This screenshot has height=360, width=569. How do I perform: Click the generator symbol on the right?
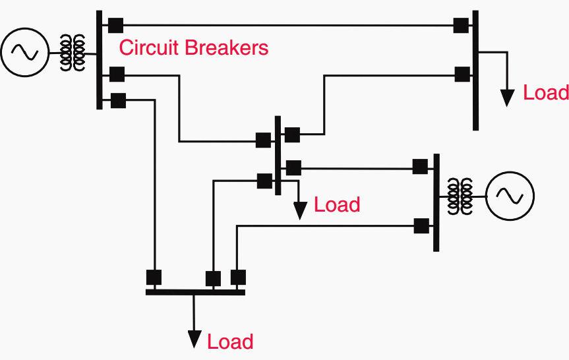click(510, 195)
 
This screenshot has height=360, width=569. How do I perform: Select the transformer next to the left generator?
click(73, 52)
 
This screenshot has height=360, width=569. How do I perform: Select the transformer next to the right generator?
click(460, 195)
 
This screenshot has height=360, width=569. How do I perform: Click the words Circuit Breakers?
click(193, 48)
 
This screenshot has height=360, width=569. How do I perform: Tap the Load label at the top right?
click(545, 93)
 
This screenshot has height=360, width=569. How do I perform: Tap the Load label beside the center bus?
click(337, 205)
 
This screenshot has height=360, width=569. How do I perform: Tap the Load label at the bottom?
click(230, 342)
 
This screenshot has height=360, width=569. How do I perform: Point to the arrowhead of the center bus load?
click(300, 210)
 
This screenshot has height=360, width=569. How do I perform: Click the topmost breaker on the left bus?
click(116, 26)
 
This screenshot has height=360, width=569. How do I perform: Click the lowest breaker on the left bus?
click(118, 101)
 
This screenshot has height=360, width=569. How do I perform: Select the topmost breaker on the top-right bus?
click(462, 26)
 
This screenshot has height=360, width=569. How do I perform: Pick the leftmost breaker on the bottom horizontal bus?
click(154, 277)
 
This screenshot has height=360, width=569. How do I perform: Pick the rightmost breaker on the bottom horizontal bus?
click(238, 277)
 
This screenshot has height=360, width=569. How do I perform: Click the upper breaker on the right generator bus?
click(419, 166)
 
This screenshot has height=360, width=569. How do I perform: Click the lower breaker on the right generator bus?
click(419, 225)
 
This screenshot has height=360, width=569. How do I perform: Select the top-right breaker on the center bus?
click(291, 135)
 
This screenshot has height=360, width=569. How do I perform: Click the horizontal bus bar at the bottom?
click(195, 291)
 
